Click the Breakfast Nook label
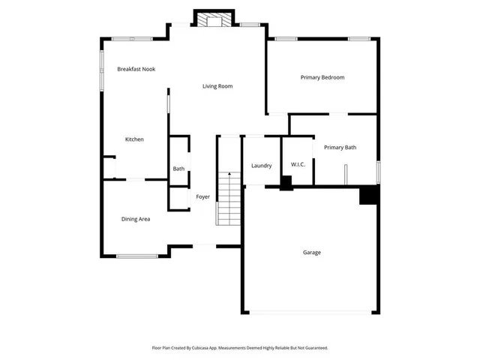136,69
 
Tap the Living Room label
217,86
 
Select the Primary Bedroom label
322,77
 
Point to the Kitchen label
134,139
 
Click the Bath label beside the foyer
178,169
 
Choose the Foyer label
202,197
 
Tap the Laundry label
261,166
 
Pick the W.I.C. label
297,165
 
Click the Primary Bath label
340,148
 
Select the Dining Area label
136,219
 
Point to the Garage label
312,253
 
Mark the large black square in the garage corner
368,195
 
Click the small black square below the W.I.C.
286,183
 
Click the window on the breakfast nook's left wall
103,72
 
